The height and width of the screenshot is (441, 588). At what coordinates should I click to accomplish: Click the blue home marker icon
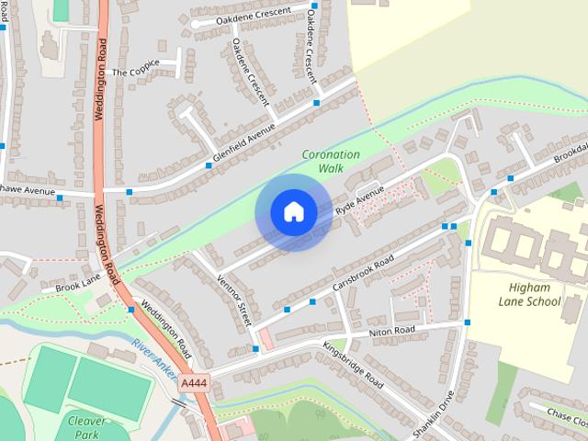pos(293,212)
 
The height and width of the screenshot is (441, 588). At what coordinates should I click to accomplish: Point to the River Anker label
pos(153,356)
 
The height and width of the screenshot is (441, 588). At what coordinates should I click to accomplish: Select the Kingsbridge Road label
pos(353,364)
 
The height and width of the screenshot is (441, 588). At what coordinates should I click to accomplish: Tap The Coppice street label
pos(135,69)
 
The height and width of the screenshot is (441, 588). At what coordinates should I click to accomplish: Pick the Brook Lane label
pos(77,287)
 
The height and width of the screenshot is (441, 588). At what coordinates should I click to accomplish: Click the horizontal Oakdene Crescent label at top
pos(254,16)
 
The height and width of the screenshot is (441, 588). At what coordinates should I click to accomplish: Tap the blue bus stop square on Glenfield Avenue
pos(209,166)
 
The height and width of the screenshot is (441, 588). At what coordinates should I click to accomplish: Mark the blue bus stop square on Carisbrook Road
pos(312,301)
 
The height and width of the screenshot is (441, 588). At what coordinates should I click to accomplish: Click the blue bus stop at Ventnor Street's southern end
pos(255,348)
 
